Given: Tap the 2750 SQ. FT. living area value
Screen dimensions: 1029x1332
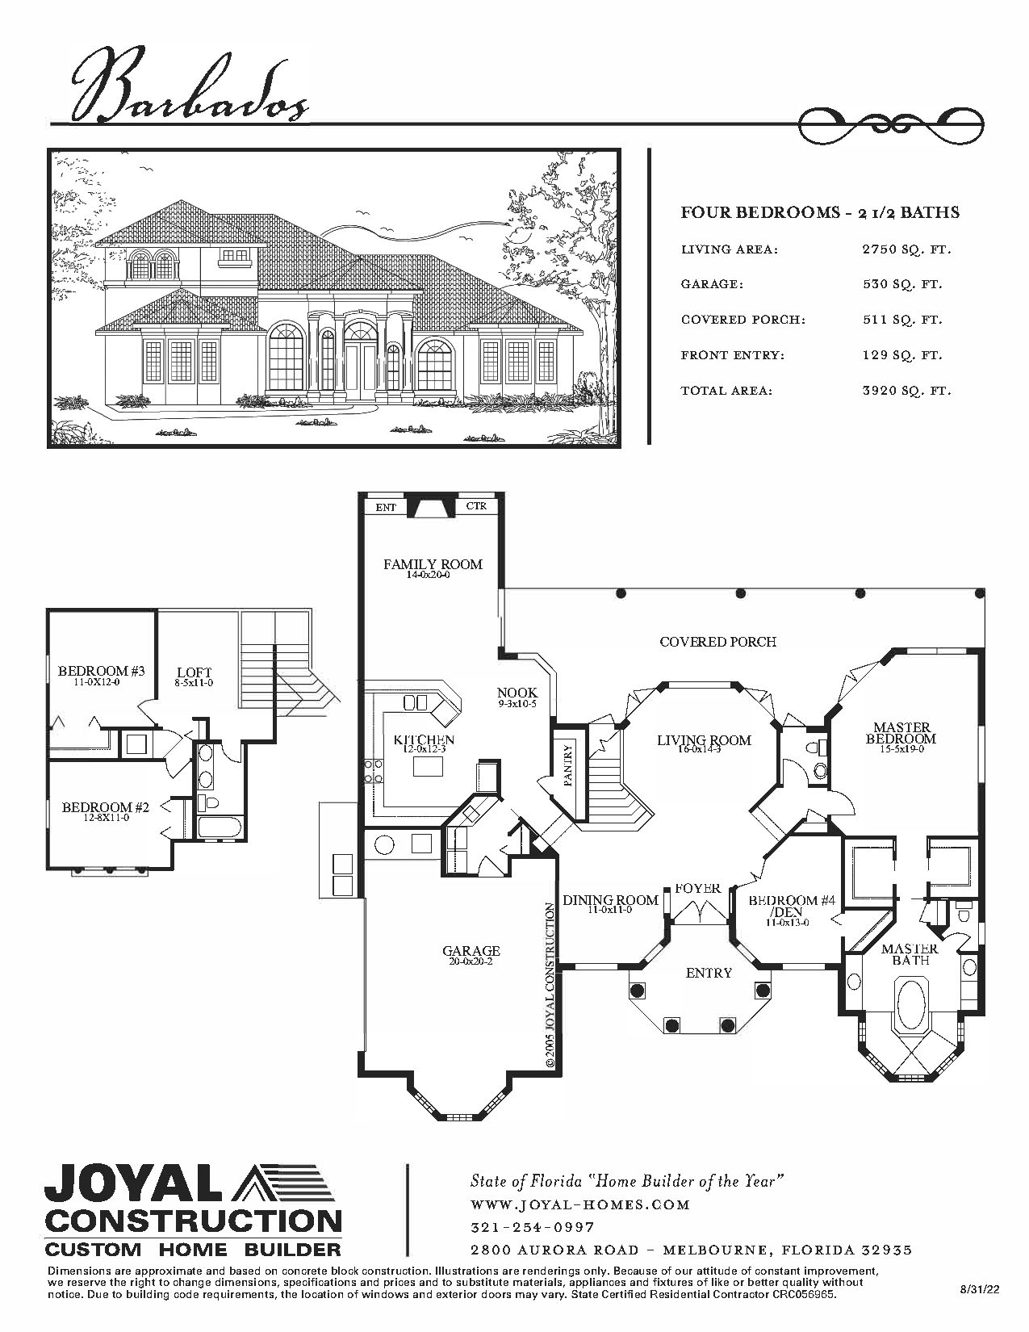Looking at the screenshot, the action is [906, 250].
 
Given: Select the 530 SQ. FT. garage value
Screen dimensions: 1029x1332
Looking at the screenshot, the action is [902, 285].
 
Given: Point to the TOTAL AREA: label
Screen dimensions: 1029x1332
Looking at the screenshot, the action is [726, 391].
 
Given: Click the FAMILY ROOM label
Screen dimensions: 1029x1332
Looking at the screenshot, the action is [433, 564].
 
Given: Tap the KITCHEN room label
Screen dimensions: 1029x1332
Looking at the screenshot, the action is [424, 739].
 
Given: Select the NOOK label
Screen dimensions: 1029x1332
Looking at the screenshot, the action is [517, 693].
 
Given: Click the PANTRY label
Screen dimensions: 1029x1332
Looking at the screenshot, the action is [567, 765].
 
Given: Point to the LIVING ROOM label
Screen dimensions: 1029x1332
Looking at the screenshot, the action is [705, 739].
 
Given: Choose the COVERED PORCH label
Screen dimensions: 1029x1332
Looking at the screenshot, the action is [717, 642].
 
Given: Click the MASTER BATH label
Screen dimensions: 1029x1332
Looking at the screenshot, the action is [910, 954].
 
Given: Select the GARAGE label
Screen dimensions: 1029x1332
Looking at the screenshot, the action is [471, 951].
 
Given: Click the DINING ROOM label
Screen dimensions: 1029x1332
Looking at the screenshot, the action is [610, 900].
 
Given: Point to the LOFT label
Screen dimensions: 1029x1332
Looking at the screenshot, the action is [195, 673].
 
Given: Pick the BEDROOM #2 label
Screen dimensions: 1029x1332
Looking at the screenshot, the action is [106, 807].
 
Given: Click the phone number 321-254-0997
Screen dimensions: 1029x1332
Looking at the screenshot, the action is [533, 1227].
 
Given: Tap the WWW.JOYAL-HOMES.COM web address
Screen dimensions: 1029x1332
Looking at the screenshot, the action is [579, 1204].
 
